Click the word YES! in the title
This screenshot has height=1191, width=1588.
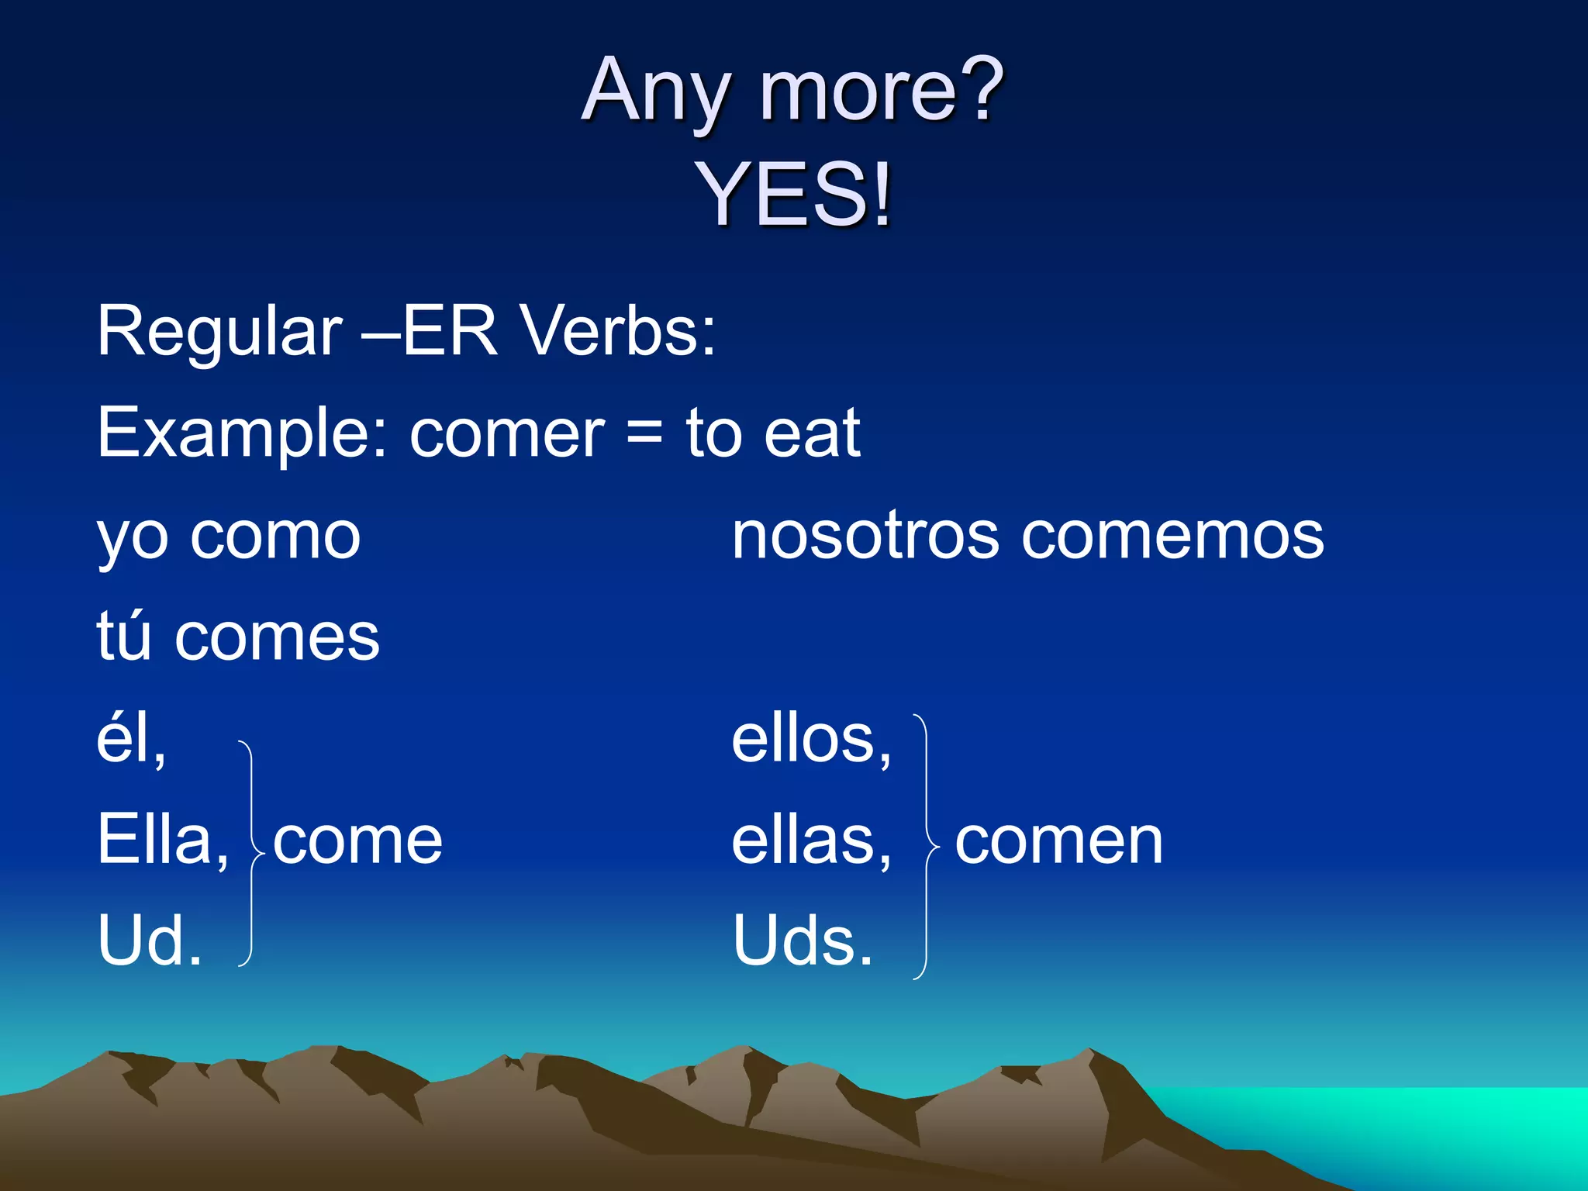(794, 194)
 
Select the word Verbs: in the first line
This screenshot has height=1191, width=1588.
(617, 332)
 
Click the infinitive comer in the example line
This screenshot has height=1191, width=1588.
(507, 434)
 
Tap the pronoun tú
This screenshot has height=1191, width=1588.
(123, 636)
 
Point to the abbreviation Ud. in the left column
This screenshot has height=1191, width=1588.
(150, 941)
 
